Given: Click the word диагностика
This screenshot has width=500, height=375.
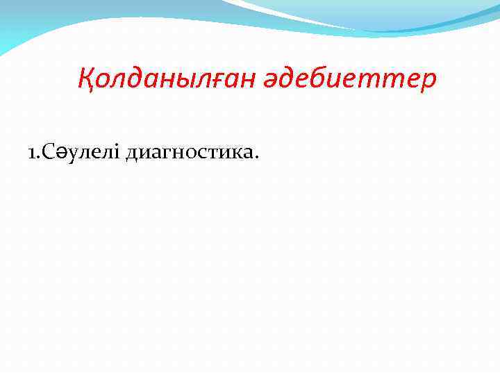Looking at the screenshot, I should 192,154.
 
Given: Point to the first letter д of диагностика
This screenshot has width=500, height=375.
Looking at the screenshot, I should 132,154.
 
